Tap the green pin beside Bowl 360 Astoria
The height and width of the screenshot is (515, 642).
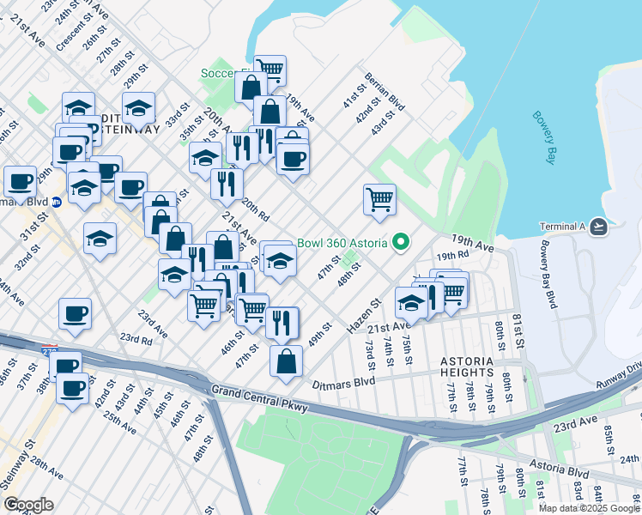coord(400,243)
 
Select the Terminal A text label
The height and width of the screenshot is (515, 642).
coord(561,227)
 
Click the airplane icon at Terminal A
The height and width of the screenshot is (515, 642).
coord(598,227)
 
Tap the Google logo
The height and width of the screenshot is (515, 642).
coord(28,505)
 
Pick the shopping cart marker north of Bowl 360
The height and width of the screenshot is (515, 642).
coord(379,199)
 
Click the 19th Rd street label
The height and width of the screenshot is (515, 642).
coord(451,256)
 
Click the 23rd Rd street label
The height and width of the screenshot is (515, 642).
coord(136,339)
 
